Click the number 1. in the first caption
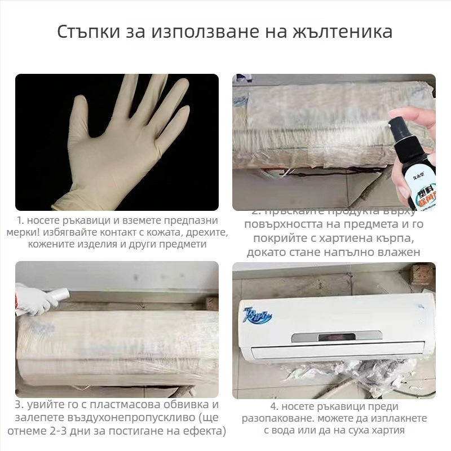[x=20, y=220]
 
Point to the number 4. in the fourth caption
[x=275, y=406]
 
